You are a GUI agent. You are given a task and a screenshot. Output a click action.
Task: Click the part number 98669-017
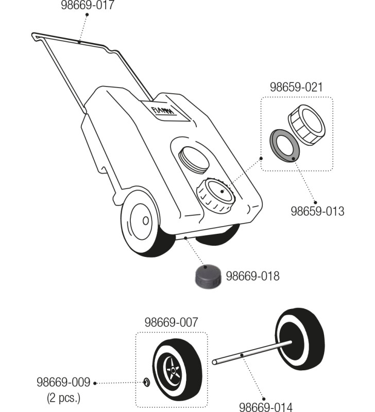coord(88,6)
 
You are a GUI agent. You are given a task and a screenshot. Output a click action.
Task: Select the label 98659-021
coord(296,87)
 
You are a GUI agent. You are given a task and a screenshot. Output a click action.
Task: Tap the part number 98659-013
coord(317,211)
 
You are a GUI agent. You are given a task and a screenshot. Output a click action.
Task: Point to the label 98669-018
coord(253,276)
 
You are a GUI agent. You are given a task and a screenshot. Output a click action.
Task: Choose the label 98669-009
coord(63,383)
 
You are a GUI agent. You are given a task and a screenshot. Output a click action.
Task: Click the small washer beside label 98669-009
coord(146,382)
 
